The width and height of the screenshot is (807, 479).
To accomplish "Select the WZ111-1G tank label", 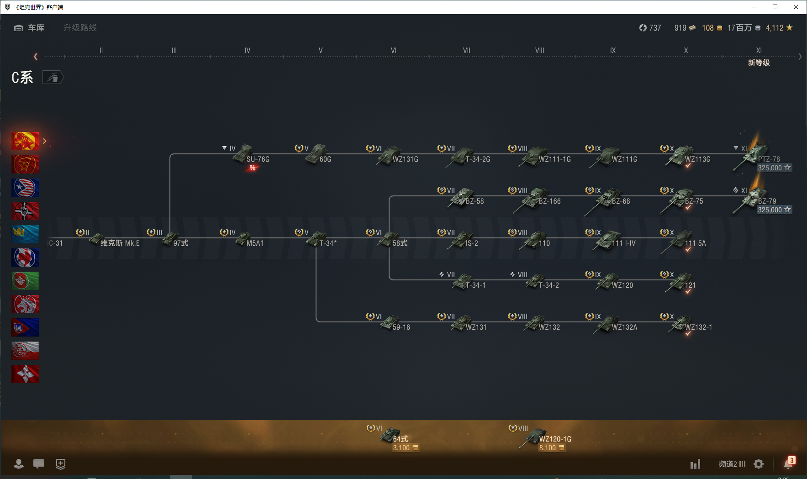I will tap(554, 159).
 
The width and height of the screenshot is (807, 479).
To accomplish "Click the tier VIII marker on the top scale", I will tap(539, 51).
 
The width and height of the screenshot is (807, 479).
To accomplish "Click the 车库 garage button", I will tap(30, 28).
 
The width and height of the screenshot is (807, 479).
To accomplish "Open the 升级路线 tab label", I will tap(80, 28).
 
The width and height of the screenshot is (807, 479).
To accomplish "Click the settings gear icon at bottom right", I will tap(759, 464).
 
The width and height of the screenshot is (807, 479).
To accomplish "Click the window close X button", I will tap(796, 7).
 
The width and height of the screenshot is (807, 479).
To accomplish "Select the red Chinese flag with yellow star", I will tap(25, 141).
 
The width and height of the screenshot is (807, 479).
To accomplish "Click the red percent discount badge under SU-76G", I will tap(253, 168).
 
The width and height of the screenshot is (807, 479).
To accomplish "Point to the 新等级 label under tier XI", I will tap(759, 63).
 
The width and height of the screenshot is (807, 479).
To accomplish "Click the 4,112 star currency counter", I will tap(779, 28).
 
